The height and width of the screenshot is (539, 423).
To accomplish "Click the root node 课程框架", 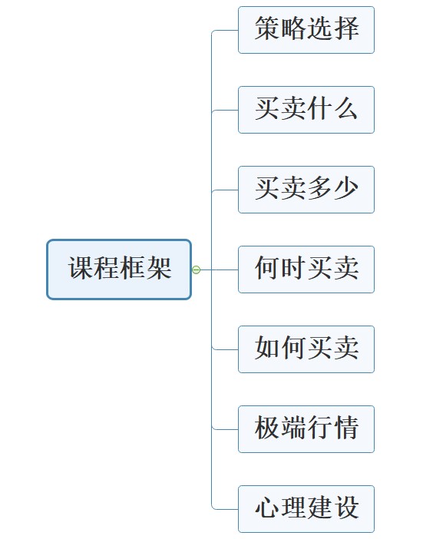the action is pyautogui.click(x=119, y=269).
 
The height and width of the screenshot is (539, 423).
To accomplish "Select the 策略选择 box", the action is pyautogui.click(x=306, y=30).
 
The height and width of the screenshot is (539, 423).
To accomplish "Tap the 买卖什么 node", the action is pyautogui.click(x=306, y=110).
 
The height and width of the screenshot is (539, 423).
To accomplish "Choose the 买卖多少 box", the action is pyautogui.click(x=306, y=190).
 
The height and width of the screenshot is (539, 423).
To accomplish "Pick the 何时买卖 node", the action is pyautogui.click(x=306, y=269).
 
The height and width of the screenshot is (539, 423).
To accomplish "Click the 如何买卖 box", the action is pyautogui.click(x=306, y=349).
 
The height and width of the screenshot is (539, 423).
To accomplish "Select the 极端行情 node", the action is pyautogui.click(x=306, y=429).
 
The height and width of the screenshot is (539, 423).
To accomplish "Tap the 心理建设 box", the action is pyautogui.click(x=306, y=509).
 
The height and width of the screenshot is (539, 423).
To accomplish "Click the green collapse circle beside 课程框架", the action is pyautogui.click(x=196, y=269).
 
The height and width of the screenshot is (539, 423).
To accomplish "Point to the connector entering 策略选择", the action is pyautogui.click(x=225, y=30).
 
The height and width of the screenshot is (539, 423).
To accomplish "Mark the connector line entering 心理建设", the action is pyautogui.click(x=225, y=509).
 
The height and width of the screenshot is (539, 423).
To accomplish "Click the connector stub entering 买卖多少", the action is pyautogui.click(x=225, y=190).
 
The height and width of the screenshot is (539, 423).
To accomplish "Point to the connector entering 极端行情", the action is pyautogui.click(x=225, y=429).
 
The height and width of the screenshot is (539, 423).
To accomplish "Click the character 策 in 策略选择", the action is pyautogui.click(x=267, y=28).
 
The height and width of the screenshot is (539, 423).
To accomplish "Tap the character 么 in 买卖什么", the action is pyautogui.click(x=346, y=108).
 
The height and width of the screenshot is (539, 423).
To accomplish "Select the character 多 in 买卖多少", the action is pyautogui.click(x=319, y=188).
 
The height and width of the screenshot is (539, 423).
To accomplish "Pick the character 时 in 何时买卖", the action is pyautogui.click(x=293, y=268).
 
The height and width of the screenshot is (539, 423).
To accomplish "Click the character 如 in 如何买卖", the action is pyautogui.click(x=267, y=348).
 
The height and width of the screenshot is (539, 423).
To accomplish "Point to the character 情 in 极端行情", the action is pyautogui.click(x=346, y=427).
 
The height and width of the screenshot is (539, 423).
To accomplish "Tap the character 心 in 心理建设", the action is pyautogui.click(x=267, y=508).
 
